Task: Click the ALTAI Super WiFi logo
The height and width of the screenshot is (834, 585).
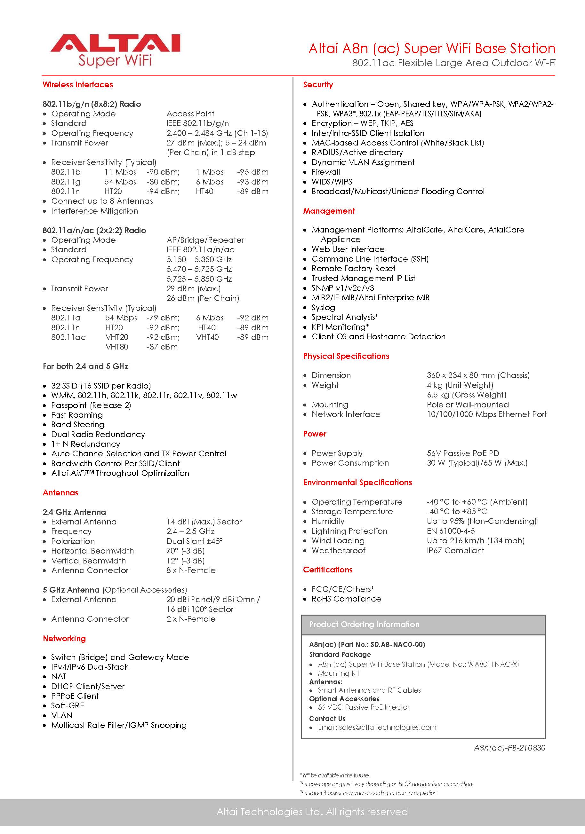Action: pyautogui.click(x=115, y=51)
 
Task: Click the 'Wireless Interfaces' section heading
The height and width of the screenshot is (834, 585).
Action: pyautogui.click(x=78, y=85)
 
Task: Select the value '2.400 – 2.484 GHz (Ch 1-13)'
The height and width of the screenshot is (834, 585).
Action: pyautogui.click(x=217, y=133)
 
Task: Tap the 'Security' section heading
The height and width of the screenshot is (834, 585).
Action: pyautogui.click(x=318, y=85)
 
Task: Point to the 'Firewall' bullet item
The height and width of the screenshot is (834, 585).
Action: pyautogui.click(x=325, y=172)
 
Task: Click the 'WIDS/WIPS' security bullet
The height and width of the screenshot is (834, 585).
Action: pyautogui.click(x=331, y=182)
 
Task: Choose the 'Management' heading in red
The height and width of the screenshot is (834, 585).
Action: pyautogui.click(x=329, y=211)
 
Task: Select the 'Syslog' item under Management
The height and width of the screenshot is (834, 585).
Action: pyautogui.click(x=323, y=308)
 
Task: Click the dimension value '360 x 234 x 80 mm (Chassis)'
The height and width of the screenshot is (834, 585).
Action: pyautogui.click(x=478, y=375)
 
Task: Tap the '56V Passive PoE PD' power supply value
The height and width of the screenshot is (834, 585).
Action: pyautogui.click(x=462, y=453)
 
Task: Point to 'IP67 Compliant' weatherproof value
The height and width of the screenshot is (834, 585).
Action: pyautogui.click(x=455, y=551)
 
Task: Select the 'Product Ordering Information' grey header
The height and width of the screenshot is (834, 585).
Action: pyautogui.click(x=364, y=625)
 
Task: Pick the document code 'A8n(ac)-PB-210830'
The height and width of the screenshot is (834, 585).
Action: pyautogui.click(x=509, y=748)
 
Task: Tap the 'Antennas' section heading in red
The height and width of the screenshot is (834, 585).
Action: pyautogui.click(x=60, y=493)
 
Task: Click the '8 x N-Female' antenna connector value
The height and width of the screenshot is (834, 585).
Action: pyautogui.click(x=190, y=570)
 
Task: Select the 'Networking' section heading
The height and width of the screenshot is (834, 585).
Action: pyautogui.click(x=64, y=639)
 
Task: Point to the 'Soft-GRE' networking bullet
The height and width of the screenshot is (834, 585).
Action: pyautogui.click(x=68, y=706)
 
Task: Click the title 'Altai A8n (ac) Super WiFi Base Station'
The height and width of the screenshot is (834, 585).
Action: pyautogui.click(x=432, y=48)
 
